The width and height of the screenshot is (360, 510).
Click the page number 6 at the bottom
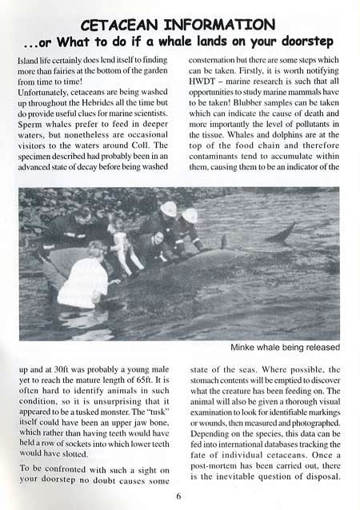coord(178,495)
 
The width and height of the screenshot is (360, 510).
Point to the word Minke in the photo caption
coord(245,347)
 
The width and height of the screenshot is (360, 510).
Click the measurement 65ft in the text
coord(158,381)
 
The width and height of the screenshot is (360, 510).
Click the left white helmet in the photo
coord(168,209)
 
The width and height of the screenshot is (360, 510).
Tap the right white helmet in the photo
coord(190,215)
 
